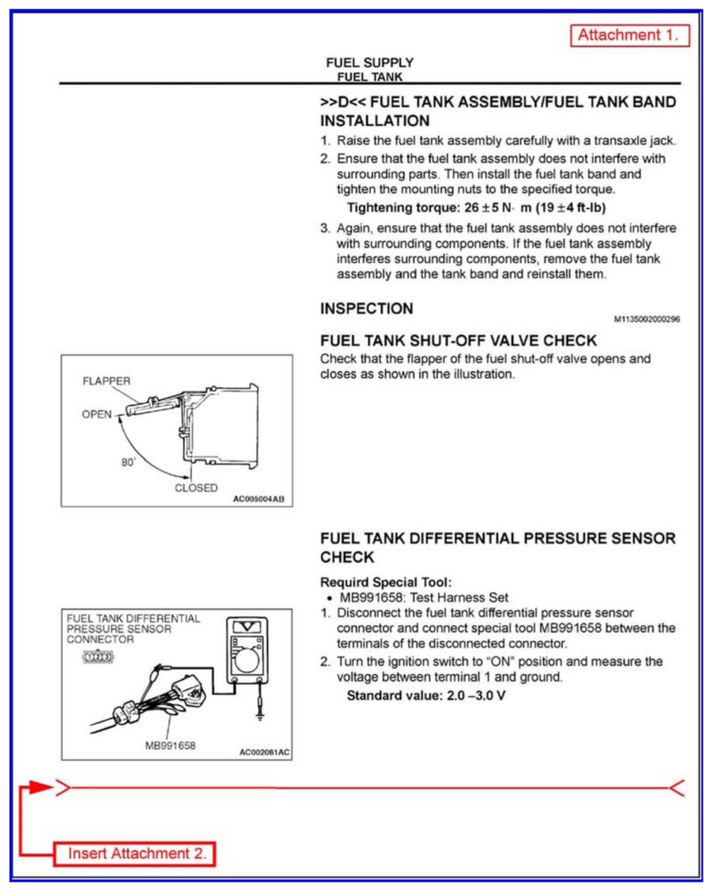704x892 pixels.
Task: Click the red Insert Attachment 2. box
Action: click(x=134, y=853)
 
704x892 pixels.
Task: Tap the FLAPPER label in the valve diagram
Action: click(x=106, y=381)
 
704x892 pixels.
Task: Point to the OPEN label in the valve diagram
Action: click(x=96, y=414)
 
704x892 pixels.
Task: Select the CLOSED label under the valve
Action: click(x=196, y=488)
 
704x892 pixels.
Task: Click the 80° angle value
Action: click(x=128, y=462)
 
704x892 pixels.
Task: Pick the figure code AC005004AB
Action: click(x=258, y=499)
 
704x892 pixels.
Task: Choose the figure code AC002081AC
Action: click(x=264, y=752)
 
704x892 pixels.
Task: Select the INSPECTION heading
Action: click(x=366, y=308)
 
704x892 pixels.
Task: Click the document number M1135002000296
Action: click(x=646, y=319)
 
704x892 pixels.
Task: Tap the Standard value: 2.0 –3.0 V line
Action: click(x=426, y=695)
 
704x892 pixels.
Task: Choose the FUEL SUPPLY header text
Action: click(x=369, y=62)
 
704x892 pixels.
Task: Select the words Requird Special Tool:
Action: click(x=385, y=582)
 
